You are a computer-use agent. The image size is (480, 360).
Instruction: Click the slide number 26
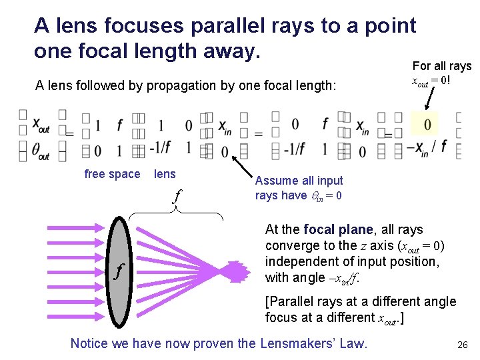(461, 345)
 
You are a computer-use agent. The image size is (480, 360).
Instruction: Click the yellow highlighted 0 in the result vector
(427, 124)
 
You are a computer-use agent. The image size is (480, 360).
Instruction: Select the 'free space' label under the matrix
(112, 175)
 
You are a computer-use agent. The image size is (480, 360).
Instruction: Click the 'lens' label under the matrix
(165, 174)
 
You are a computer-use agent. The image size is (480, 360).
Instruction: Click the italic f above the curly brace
(176, 196)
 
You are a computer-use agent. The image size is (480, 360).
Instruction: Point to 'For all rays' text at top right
(441, 66)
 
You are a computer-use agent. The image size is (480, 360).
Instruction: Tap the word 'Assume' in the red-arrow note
(276, 181)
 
